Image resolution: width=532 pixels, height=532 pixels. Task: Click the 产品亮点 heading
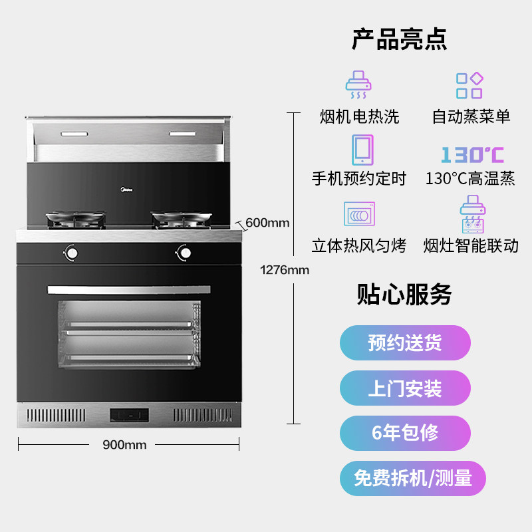(x=399, y=39)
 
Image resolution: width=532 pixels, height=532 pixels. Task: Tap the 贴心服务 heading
(x=404, y=294)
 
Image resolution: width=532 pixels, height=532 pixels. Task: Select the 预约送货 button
(x=405, y=343)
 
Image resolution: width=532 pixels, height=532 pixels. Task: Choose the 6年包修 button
(x=405, y=433)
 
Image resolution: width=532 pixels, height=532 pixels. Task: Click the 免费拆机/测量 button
(x=413, y=477)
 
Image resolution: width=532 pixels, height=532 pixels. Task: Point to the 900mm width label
(x=124, y=445)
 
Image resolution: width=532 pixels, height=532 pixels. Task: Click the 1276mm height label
(x=285, y=270)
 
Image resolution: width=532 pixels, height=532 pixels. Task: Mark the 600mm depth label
(x=267, y=223)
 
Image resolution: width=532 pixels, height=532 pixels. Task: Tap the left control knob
(x=70, y=253)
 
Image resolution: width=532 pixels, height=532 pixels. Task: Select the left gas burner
(x=74, y=217)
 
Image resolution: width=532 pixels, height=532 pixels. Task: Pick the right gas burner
(x=181, y=217)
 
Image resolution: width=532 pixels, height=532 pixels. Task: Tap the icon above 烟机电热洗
(x=358, y=84)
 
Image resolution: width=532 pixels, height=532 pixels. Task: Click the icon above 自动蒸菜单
(x=469, y=86)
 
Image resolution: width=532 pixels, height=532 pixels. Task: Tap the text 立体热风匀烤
(x=359, y=245)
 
